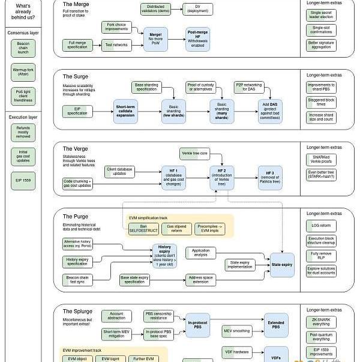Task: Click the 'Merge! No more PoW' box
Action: [x=155, y=38]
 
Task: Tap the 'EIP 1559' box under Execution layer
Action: [x=23, y=180]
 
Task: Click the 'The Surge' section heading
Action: [x=75, y=77]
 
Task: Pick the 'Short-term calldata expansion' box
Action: [x=125, y=111]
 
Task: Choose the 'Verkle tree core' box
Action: [x=194, y=154]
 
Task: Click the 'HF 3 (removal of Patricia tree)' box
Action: [x=270, y=176]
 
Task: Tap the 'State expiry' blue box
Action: [x=282, y=264]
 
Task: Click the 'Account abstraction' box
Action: [x=116, y=316]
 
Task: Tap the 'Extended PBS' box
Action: [x=276, y=325]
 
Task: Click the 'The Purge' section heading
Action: [x=75, y=217]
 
